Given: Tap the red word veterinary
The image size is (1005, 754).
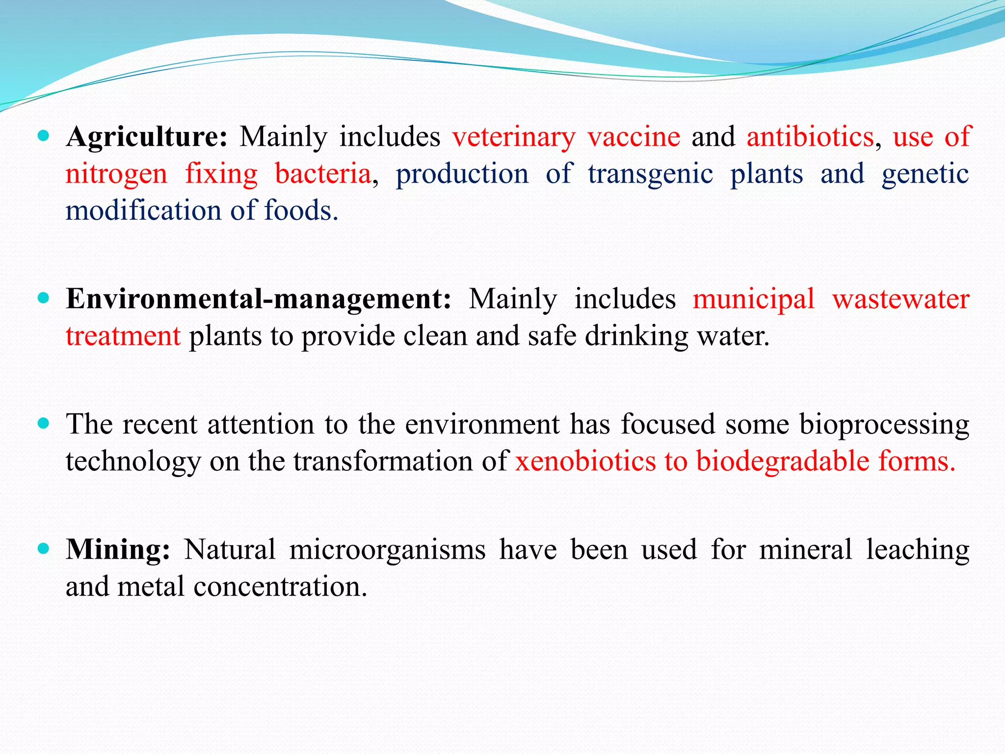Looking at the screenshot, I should click(x=513, y=137).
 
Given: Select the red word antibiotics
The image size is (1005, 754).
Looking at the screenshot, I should click(x=810, y=137).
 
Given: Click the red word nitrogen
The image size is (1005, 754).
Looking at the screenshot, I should click(x=116, y=174).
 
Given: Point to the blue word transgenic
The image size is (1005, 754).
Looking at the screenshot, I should click(x=650, y=174).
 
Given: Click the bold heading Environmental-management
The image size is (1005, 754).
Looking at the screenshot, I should click(x=258, y=299).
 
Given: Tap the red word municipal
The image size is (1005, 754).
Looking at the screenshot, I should click(x=753, y=299).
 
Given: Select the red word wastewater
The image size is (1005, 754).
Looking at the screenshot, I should click(x=900, y=299).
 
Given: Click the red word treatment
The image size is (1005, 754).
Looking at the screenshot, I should click(x=123, y=336).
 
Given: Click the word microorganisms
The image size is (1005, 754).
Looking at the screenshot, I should click(x=387, y=549).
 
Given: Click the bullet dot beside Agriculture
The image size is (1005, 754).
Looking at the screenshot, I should click(x=44, y=136).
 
